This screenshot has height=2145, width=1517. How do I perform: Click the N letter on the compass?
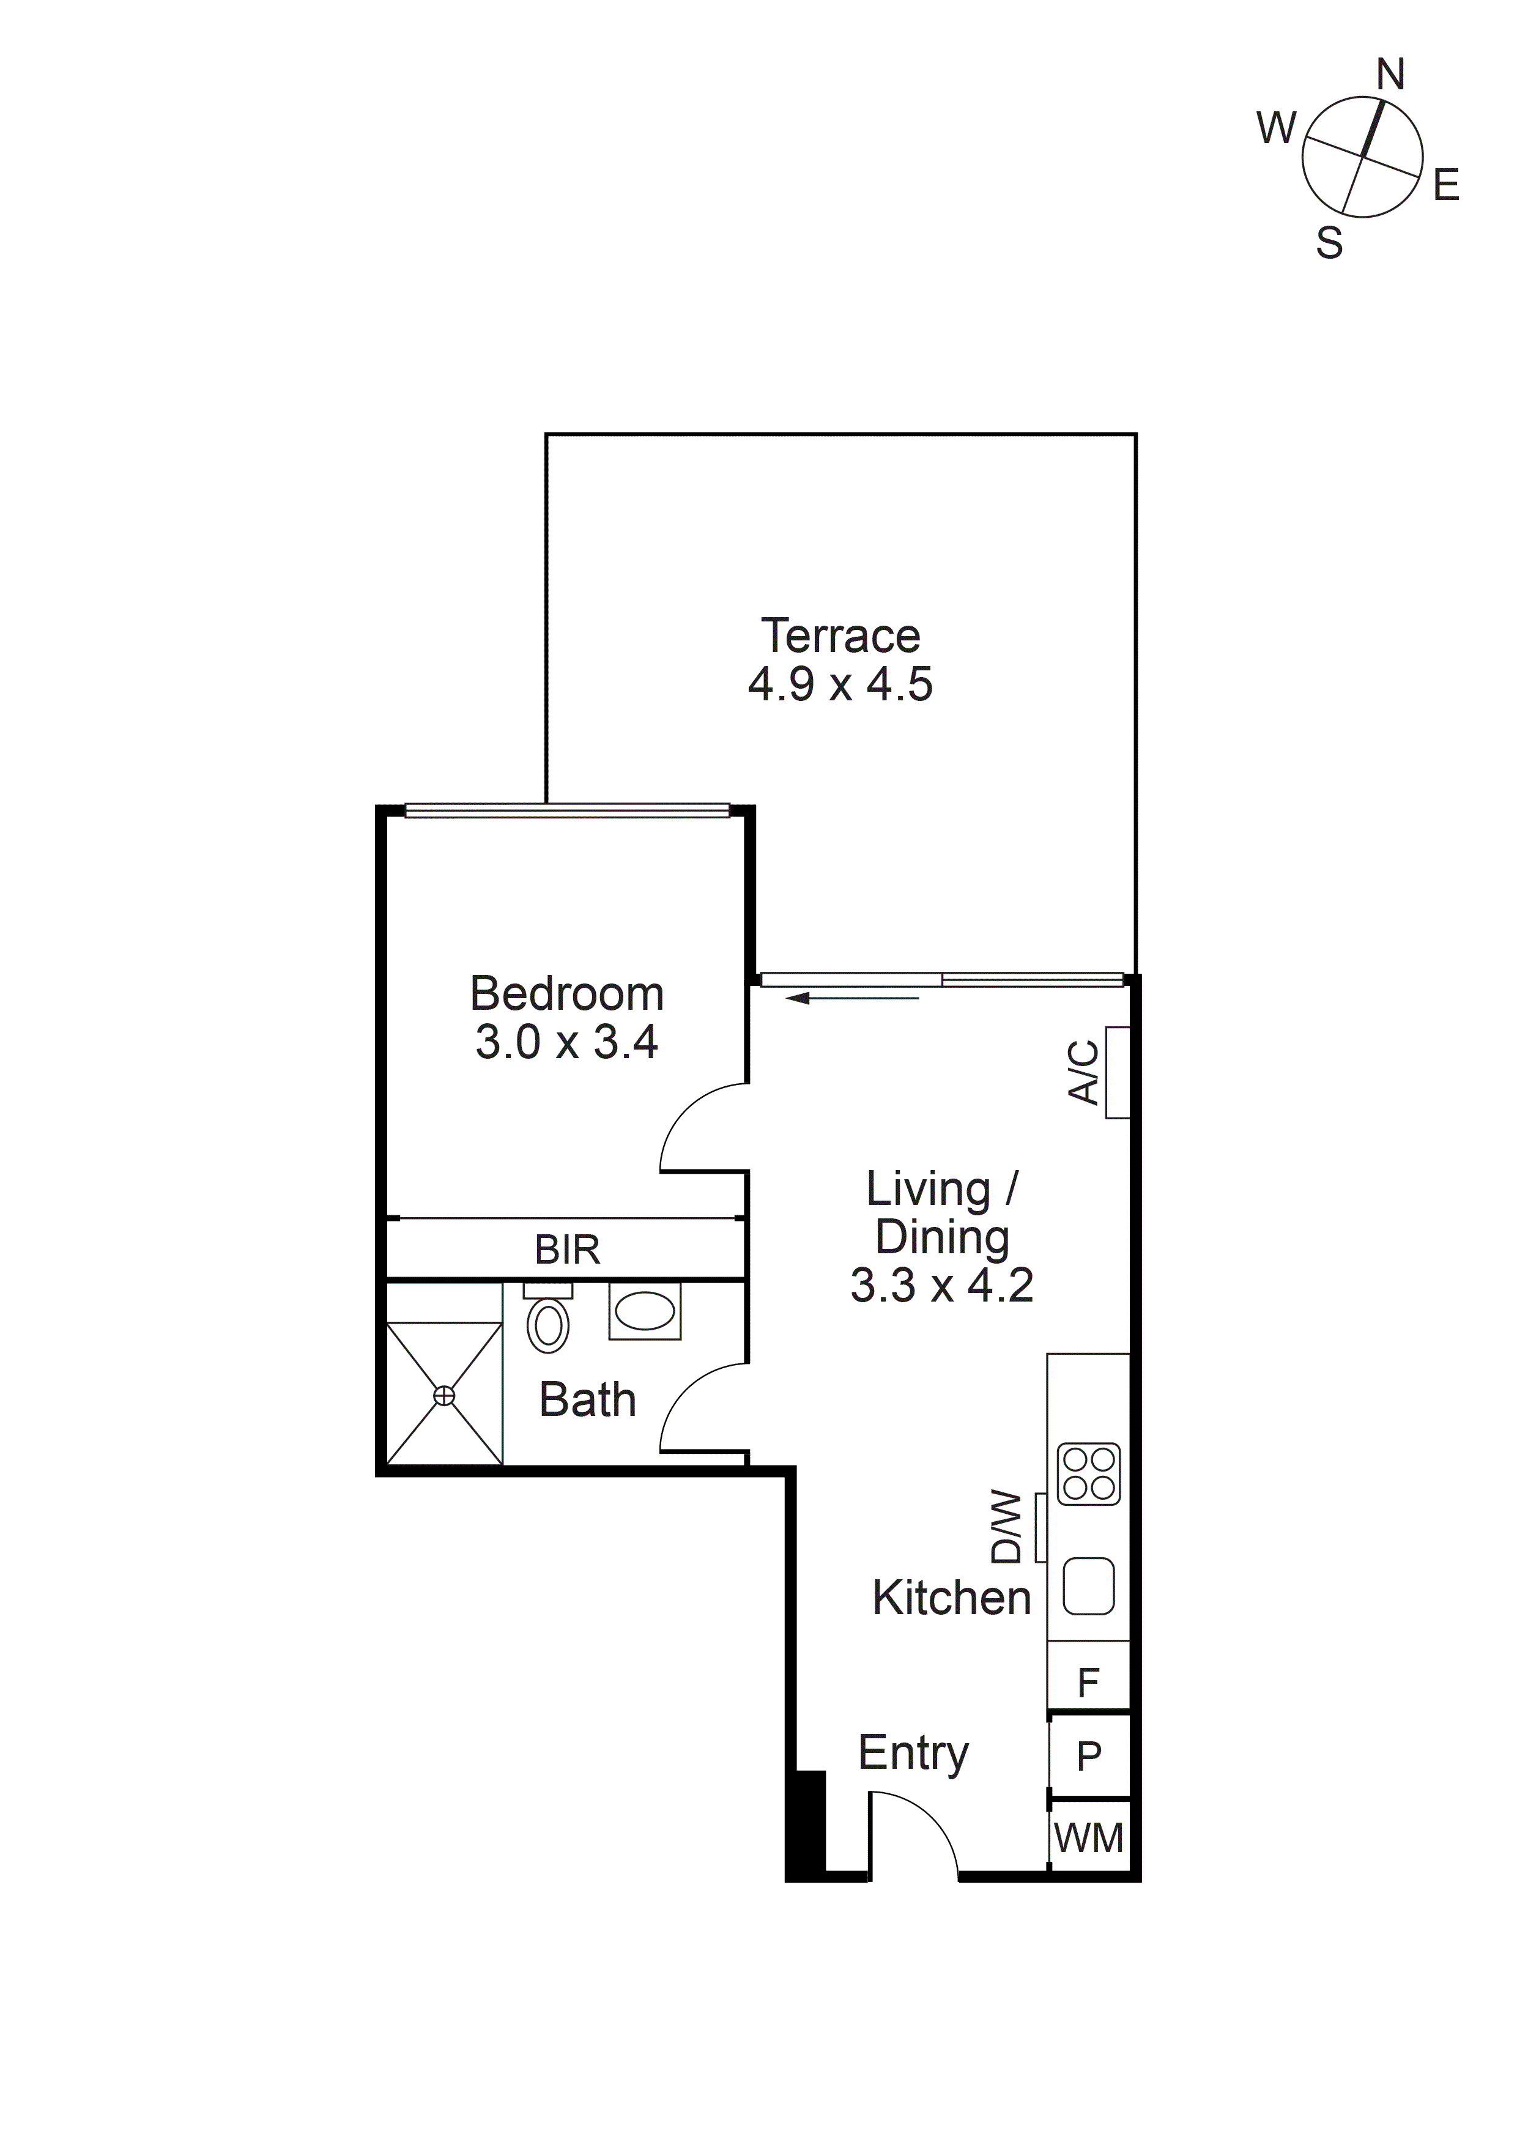point(1390,75)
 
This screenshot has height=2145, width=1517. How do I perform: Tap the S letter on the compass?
point(1329,244)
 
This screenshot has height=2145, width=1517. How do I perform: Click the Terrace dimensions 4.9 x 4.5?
point(840,685)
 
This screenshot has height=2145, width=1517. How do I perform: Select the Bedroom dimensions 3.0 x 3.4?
point(567,1043)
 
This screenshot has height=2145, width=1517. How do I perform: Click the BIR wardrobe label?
point(567,1250)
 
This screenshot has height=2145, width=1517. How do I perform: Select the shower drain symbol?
point(445,1396)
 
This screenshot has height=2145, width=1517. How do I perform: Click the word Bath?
point(588,1401)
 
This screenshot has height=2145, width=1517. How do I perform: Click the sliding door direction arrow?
point(852,999)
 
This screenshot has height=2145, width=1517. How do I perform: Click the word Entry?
point(913,1754)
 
